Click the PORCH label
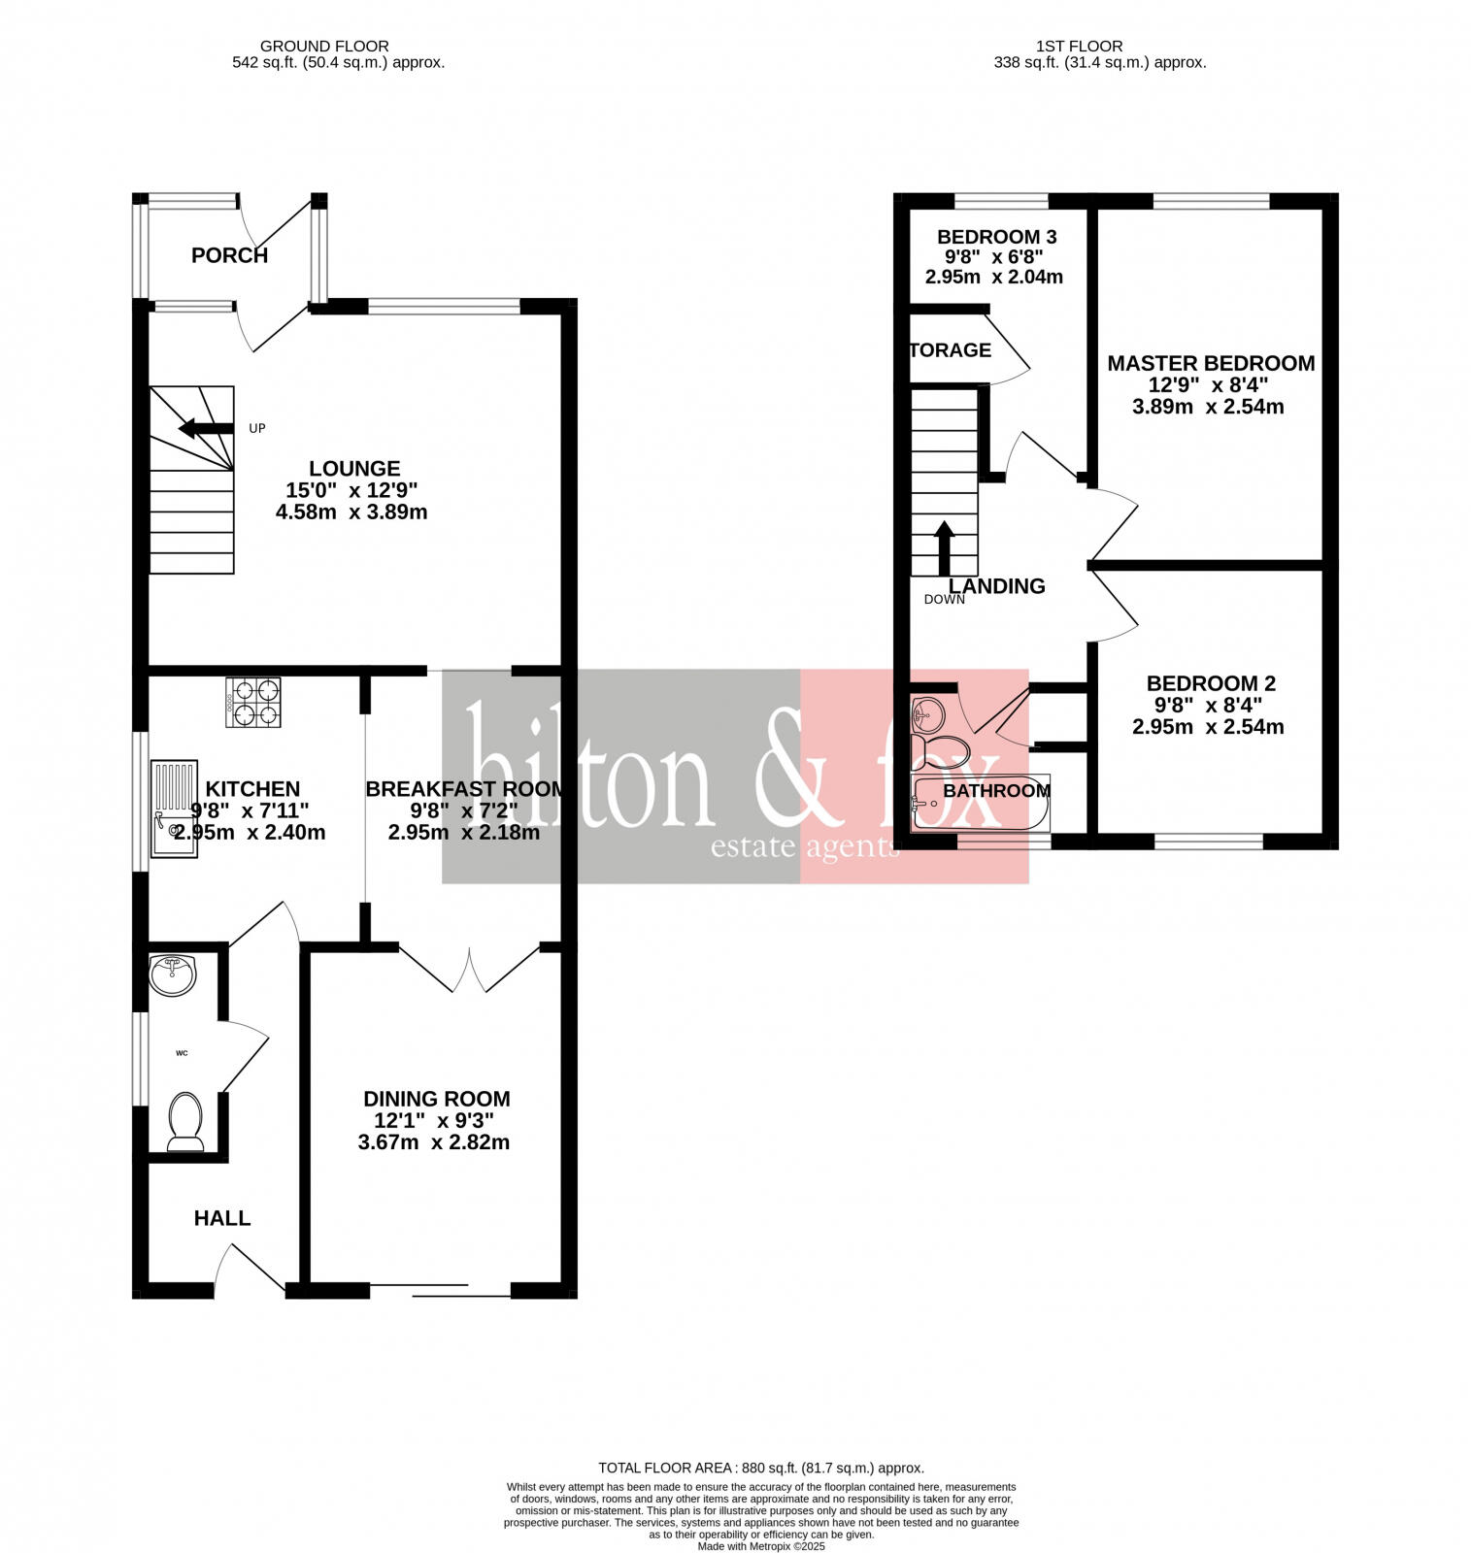pyautogui.click(x=229, y=255)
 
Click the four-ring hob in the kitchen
pyautogui.click(x=253, y=703)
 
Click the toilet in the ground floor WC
pyautogui.click(x=185, y=1120)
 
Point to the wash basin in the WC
pyautogui.click(x=173, y=975)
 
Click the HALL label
pyautogui.click(x=222, y=1218)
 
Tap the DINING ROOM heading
pyautogui.click(x=436, y=1099)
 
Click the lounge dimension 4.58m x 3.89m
pyautogui.click(x=351, y=512)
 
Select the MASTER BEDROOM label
pyautogui.click(x=1211, y=363)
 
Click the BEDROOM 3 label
pyautogui.click(x=996, y=237)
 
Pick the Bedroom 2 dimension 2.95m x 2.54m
pyautogui.click(x=1208, y=726)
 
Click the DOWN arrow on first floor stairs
pyautogui.click(x=944, y=549)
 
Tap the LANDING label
pyautogui.click(x=996, y=586)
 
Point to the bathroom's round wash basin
pyautogui.click(x=927, y=715)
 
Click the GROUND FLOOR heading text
pyautogui.click(x=324, y=46)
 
